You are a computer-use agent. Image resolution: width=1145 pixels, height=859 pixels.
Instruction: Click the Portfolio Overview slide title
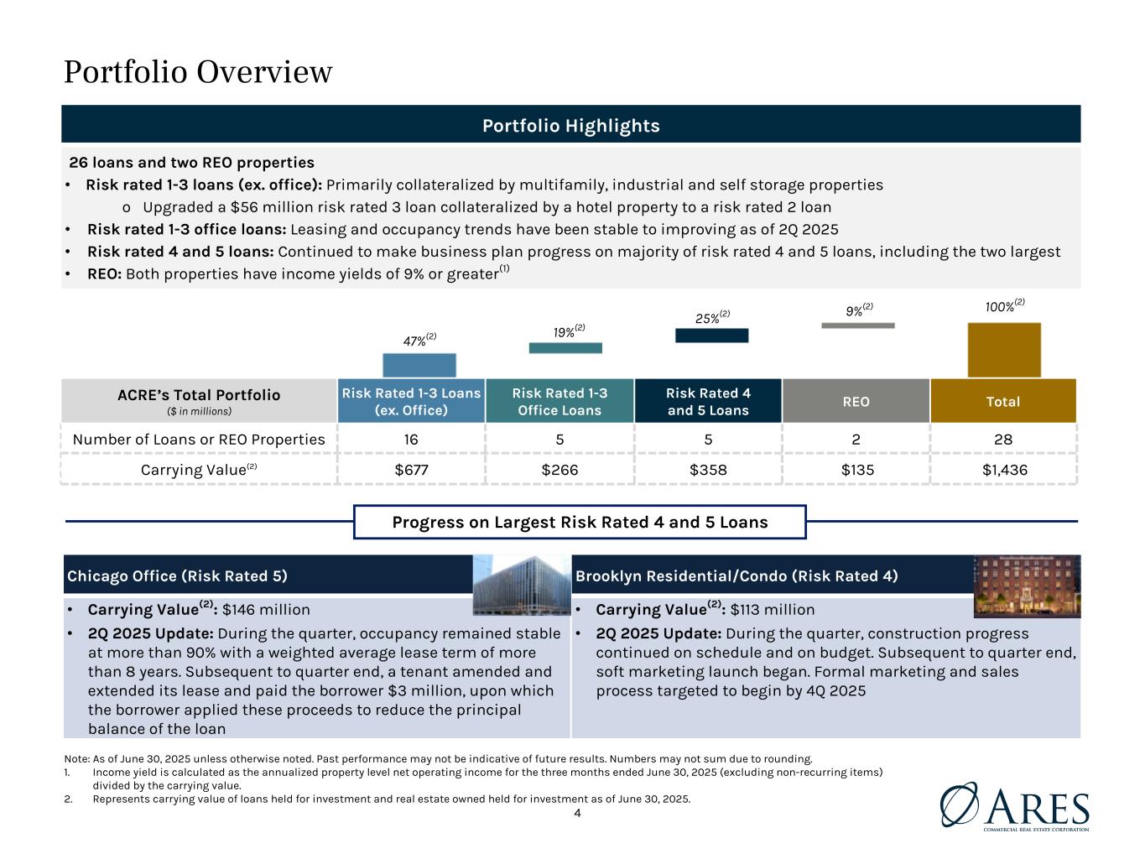click(x=198, y=72)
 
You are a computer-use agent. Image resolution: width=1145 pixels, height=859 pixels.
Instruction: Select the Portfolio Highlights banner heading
click(x=570, y=126)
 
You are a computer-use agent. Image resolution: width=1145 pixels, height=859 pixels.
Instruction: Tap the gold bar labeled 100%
click(x=1004, y=350)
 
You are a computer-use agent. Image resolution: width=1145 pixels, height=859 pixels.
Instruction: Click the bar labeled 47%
click(x=419, y=365)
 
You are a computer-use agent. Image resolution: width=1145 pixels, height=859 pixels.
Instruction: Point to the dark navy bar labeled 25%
click(x=711, y=336)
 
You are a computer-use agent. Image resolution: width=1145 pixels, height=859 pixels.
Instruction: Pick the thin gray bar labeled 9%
click(x=857, y=325)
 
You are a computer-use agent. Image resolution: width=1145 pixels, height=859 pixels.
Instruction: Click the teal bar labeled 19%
click(x=565, y=347)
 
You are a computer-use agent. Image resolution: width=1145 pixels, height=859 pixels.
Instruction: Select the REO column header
click(x=856, y=401)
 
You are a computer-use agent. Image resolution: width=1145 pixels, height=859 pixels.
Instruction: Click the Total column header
click(x=1003, y=401)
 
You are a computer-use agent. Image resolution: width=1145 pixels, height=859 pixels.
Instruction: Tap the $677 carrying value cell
click(x=411, y=470)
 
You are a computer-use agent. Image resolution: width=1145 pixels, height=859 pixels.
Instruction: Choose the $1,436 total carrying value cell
click(x=1004, y=470)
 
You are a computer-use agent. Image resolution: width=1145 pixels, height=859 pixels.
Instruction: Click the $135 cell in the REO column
click(x=856, y=470)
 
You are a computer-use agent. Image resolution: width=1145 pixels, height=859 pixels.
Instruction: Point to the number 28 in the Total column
click(x=1004, y=439)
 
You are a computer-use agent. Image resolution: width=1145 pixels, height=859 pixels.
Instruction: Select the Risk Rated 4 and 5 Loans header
click(x=708, y=401)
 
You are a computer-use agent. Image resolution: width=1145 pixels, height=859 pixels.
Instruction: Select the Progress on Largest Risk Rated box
click(x=580, y=522)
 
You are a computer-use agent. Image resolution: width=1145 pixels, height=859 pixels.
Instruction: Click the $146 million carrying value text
click(x=266, y=610)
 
